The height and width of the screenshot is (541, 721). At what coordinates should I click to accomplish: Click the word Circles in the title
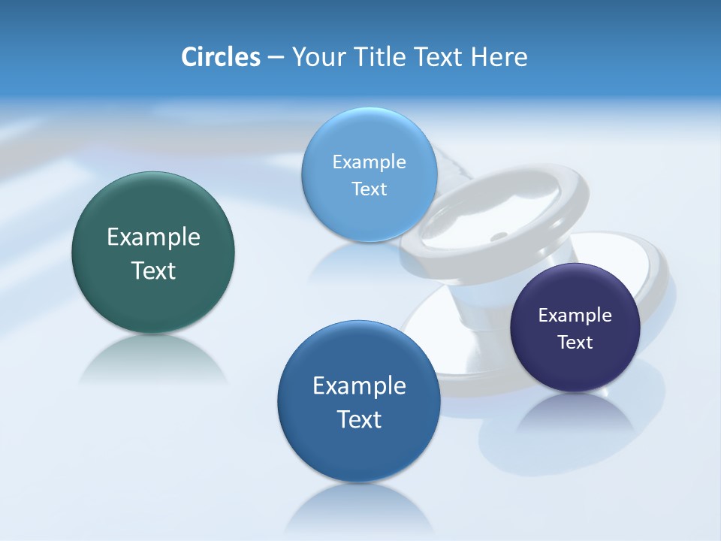click(220, 57)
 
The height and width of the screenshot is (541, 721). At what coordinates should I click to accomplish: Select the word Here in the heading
click(499, 57)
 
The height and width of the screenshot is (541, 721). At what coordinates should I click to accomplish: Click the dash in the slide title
click(276, 58)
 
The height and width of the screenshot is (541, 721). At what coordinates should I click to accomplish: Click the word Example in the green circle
click(153, 237)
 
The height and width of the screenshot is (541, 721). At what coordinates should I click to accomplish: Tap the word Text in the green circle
click(153, 270)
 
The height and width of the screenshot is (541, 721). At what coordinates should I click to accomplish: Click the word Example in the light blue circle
click(369, 162)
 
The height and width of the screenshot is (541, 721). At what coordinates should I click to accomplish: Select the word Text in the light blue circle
click(369, 189)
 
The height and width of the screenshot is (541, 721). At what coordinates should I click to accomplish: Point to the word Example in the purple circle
click(575, 316)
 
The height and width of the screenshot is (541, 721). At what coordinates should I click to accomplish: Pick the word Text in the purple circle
click(575, 343)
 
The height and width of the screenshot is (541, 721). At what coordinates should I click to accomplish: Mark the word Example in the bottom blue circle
click(359, 386)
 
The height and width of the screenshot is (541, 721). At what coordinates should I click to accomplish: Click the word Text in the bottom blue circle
click(359, 419)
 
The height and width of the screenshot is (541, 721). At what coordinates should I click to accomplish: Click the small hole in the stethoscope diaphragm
click(498, 237)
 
